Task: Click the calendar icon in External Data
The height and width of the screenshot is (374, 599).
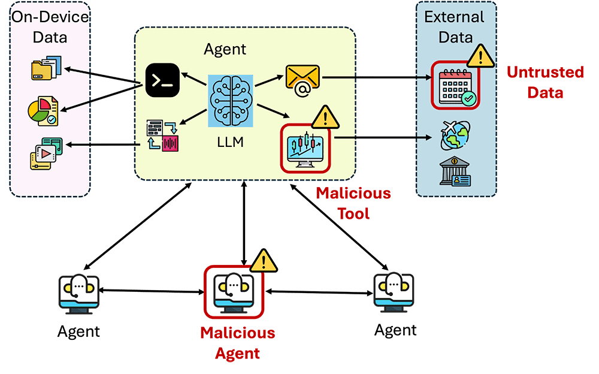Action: point(455,85)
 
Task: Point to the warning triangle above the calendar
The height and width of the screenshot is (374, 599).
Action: point(480,57)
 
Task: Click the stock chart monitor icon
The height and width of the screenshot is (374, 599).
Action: point(305,147)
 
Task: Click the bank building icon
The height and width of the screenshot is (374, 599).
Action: point(455,174)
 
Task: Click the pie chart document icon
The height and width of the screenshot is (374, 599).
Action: point(43,111)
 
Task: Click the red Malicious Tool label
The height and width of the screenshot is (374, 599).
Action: point(353,203)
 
